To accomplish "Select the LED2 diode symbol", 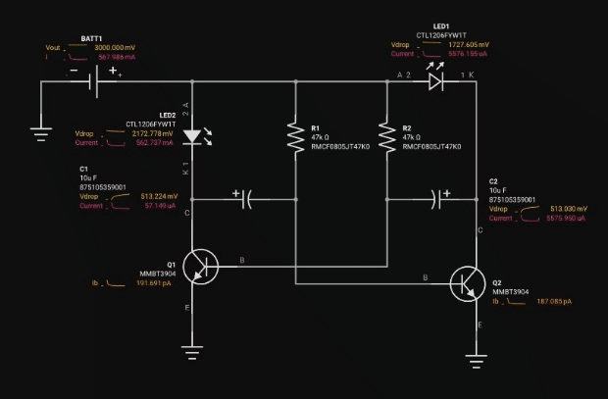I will (x=192, y=137).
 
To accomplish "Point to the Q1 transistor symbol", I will (x=202, y=265).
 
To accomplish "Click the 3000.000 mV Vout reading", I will (x=116, y=47).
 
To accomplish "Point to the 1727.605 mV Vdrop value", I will (x=468, y=45).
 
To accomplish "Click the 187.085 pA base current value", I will (x=553, y=302).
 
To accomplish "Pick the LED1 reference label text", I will (x=441, y=26).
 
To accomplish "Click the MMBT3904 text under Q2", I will (x=510, y=292).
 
